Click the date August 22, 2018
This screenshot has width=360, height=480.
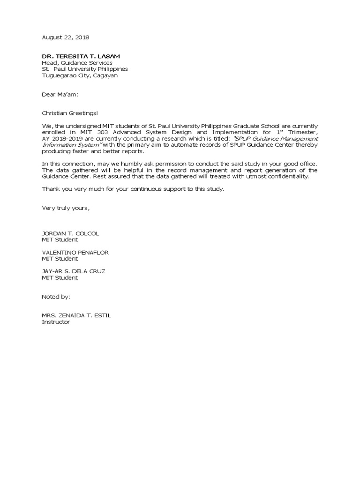66,37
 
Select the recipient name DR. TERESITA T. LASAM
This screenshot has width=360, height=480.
84,56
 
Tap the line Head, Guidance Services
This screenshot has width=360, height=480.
77,62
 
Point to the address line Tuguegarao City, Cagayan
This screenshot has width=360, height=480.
80,75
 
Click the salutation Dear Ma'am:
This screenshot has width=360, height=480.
60,94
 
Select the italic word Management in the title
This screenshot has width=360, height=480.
296,139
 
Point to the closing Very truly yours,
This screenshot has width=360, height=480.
66,208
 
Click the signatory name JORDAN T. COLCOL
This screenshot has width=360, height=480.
70,233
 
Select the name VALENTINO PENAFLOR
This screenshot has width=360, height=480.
75,252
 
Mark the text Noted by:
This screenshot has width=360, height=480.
56,297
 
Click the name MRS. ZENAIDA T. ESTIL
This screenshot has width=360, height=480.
76,315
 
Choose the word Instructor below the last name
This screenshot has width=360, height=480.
56,322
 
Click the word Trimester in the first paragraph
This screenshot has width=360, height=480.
301,132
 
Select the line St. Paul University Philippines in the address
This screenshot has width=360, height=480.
85,69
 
